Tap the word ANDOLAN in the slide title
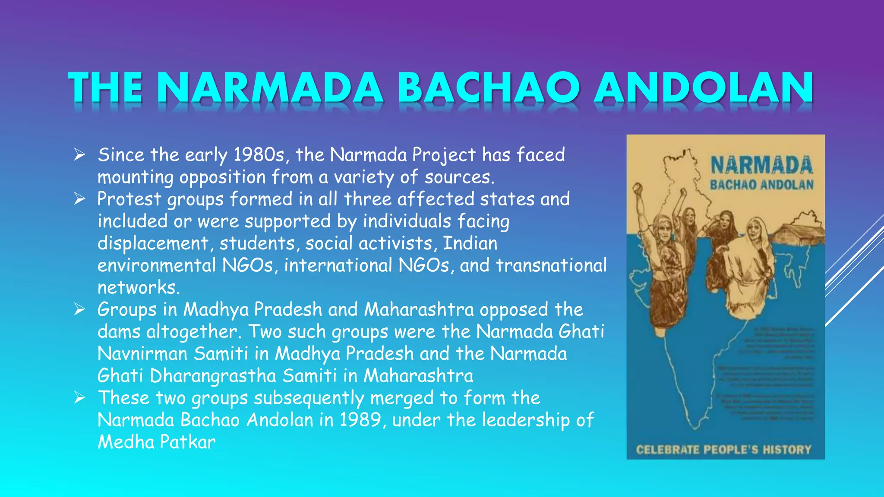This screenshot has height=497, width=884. [704, 88]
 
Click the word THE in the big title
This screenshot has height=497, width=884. [106, 88]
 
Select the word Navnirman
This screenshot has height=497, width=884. [142, 354]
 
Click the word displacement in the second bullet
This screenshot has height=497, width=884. [153, 243]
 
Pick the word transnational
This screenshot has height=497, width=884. [551, 265]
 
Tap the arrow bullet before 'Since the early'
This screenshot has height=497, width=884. [79, 154]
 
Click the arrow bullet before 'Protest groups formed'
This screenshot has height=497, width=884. [79, 198]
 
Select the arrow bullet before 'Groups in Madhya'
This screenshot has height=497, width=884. [79, 309]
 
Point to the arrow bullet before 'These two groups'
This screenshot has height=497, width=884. [79, 397]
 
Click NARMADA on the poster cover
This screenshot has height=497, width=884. [761, 166]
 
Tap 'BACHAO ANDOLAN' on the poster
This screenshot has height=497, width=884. [761, 185]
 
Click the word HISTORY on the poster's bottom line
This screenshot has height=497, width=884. [786, 450]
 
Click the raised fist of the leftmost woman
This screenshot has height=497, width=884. [638, 188]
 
